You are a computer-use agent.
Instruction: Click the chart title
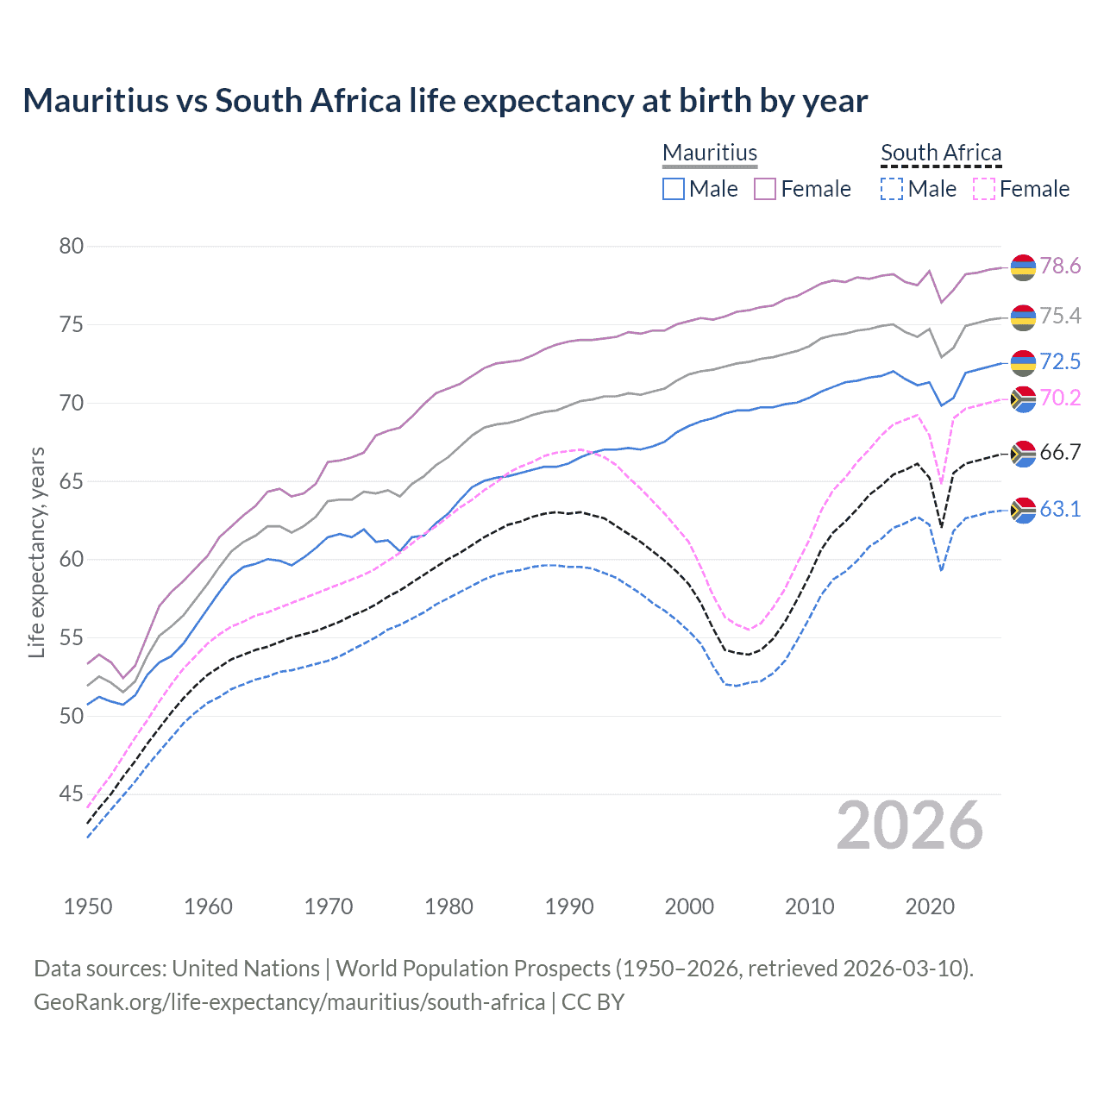pyautogui.click(x=445, y=101)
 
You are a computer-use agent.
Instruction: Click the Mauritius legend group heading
pyautogui.click(x=710, y=153)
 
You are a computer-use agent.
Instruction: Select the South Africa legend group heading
pyautogui.click(x=941, y=153)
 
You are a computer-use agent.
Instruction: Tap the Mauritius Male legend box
pyautogui.click(x=674, y=189)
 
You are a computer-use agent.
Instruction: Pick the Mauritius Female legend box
pyautogui.click(x=765, y=189)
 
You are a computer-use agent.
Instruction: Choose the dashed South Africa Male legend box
pyautogui.click(x=892, y=189)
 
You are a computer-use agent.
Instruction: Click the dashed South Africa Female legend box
pyautogui.click(x=984, y=189)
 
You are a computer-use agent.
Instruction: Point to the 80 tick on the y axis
pyautogui.click(x=71, y=247)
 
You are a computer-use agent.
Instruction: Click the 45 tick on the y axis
pyautogui.click(x=71, y=794)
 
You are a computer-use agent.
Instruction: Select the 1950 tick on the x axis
pyautogui.click(x=88, y=906)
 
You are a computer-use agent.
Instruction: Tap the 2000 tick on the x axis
pyautogui.click(x=689, y=906)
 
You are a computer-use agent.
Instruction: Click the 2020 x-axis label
pyautogui.click(x=930, y=906)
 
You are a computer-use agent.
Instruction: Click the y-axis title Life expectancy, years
pyautogui.click(x=37, y=552)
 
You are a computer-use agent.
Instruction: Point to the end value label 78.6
pyautogui.click(x=1060, y=266)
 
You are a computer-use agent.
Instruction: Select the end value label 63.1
pyautogui.click(x=1060, y=509)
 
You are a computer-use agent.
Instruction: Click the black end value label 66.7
pyautogui.click(x=1060, y=453)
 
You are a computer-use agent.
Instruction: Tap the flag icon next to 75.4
pyautogui.click(x=1023, y=317)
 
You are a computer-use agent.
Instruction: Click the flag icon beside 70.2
pyautogui.click(x=1023, y=398)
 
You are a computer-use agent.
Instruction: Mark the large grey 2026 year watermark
pyautogui.click(x=910, y=825)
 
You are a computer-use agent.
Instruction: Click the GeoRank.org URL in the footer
pyautogui.click(x=289, y=1002)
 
